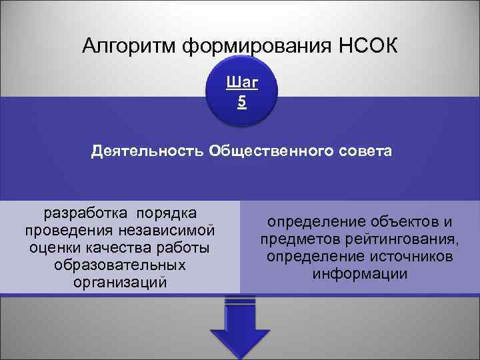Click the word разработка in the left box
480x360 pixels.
88,213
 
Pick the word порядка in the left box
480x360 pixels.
166,213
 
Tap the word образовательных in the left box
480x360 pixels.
120,265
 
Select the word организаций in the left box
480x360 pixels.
120,283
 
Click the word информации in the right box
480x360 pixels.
360,274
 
